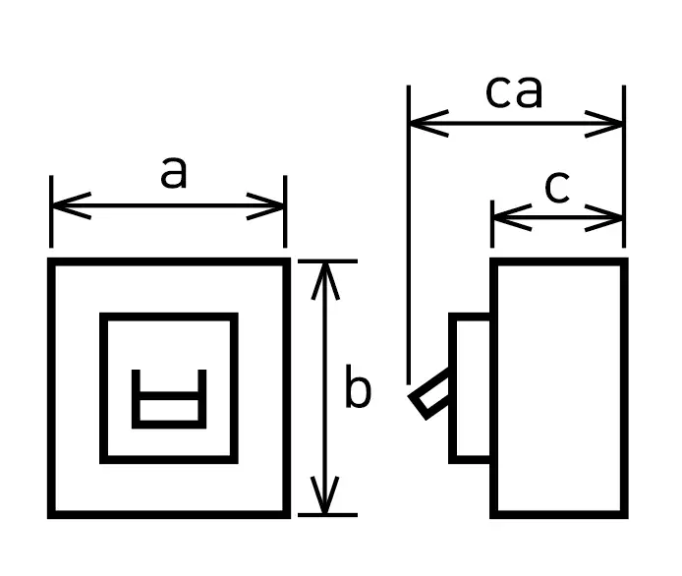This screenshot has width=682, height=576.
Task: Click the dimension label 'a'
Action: [x=173, y=173]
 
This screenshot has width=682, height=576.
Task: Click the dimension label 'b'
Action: [x=358, y=391]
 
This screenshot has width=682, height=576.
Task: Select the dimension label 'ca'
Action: [x=514, y=92]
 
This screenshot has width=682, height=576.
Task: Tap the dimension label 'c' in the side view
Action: [x=556, y=187]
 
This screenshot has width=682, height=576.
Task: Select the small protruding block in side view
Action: [x=471, y=387]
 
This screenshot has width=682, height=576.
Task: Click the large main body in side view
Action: [x=558, y=387]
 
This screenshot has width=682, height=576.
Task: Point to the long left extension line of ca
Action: [x=409, y=246]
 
